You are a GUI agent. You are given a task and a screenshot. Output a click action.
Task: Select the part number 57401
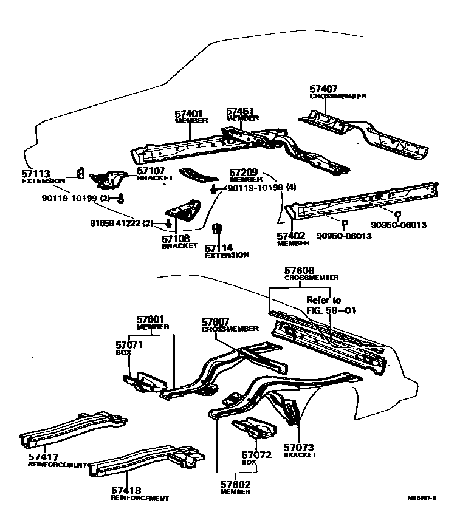(x=188, y=114)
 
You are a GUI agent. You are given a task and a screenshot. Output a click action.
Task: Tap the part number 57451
(x=240, y=111)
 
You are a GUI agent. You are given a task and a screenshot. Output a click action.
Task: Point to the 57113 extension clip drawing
(x=79, y=172)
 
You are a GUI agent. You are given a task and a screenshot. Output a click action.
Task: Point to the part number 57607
(x=216, y=321)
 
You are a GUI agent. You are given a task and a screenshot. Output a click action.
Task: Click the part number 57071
(x=129, y=344)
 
